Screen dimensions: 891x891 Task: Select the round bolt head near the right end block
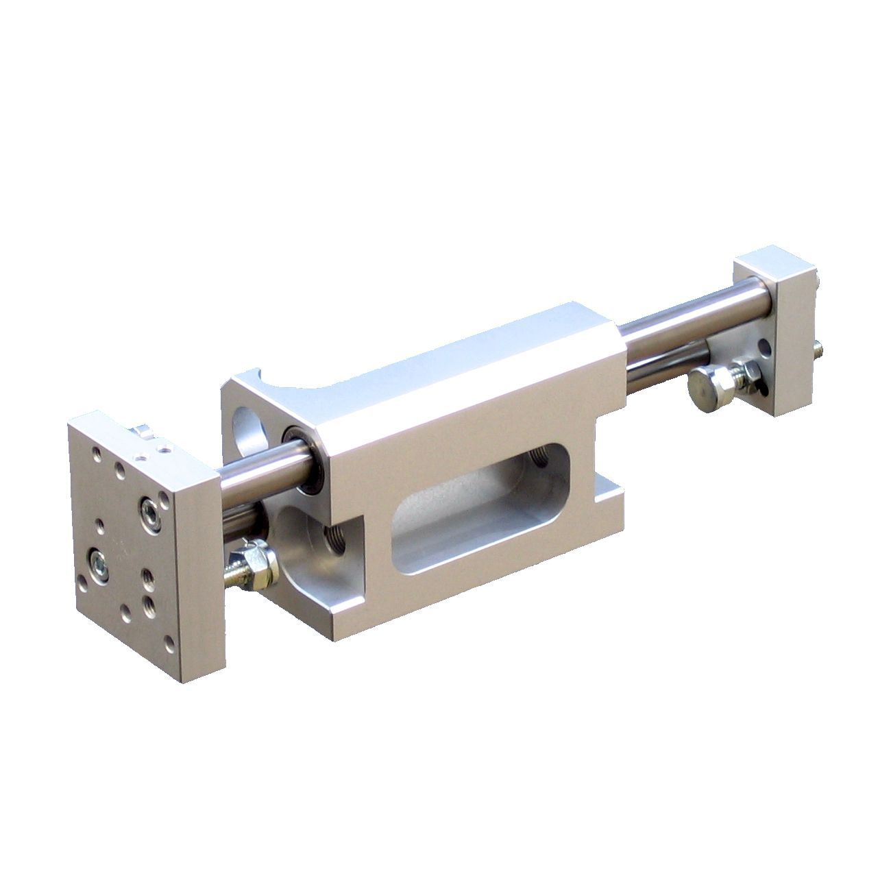click(705, 381)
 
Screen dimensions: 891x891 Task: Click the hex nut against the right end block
click(743, 374)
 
